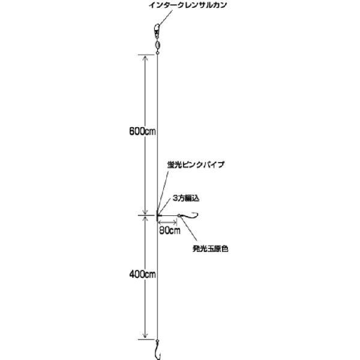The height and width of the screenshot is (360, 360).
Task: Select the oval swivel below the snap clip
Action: point(157,44)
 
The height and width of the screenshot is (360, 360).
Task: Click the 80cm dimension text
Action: point(170,229)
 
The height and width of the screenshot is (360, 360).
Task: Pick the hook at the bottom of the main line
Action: point(157,349)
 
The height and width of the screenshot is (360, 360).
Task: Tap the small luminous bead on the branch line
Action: point(178,215)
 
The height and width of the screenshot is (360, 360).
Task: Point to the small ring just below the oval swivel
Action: point(157,52)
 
